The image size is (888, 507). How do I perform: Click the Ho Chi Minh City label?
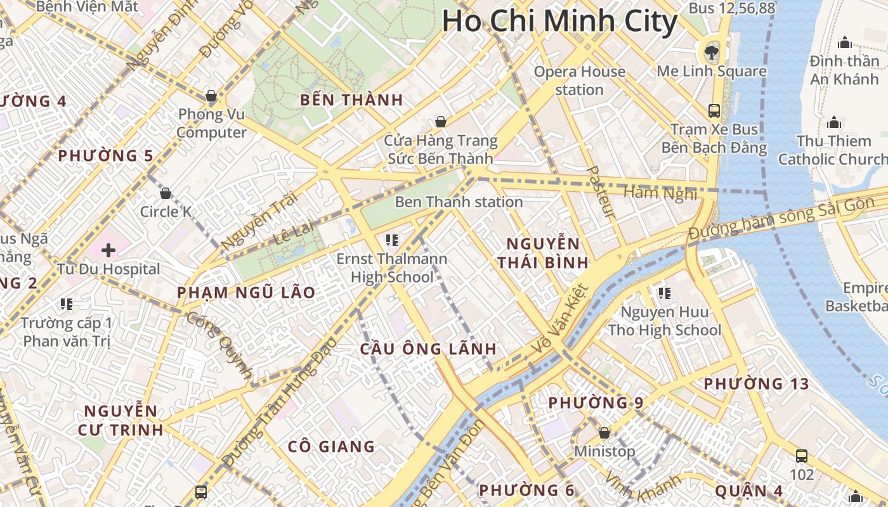[x=559, y=22]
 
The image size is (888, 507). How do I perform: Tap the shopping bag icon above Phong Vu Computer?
[x=211, y=96]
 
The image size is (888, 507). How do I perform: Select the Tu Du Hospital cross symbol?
[x=108, y=250]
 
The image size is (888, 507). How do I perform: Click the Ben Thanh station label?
[x=459, y=202]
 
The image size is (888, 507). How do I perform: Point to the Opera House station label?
[x=579, y=80]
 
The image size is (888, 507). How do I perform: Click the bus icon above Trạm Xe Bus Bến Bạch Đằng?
[x=714, y=111]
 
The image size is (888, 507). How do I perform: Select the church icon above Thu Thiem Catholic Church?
[x=833, y=122]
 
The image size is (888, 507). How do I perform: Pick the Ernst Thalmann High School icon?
[x=391, y=240]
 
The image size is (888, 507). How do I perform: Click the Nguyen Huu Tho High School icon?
[x=664, y=293]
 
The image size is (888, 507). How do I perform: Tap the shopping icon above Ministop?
[x=604, y=433]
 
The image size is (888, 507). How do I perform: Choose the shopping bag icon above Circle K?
[x=166, y=193]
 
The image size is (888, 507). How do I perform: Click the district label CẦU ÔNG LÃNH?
[x=428, y=349]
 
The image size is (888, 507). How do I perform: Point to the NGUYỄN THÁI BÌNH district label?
[x=542, y=253]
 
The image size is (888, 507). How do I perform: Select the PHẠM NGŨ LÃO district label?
[x=246, y=292]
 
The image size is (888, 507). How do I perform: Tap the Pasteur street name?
[x=599, y=193]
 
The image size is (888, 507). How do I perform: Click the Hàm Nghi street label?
[x=660, y=193]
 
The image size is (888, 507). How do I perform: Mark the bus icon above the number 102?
[x=802, y=456]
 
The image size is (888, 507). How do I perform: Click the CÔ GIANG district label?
[x=331, y=447]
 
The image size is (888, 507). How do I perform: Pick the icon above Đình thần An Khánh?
[x=844, y=43]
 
